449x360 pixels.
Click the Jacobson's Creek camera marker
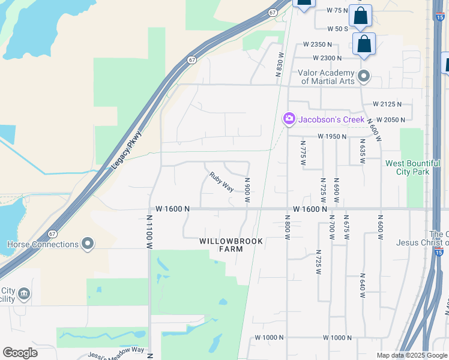click(289, 119)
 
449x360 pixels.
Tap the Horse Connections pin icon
click(88, 244)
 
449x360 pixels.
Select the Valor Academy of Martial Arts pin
click(363, 77)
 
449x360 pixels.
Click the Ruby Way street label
click(221, 182)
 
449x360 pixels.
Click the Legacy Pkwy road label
click(127, 149)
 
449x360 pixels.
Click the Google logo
click(20, 353)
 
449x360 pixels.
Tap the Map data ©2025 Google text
click(411, 355)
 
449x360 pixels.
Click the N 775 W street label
click(303, 153)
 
